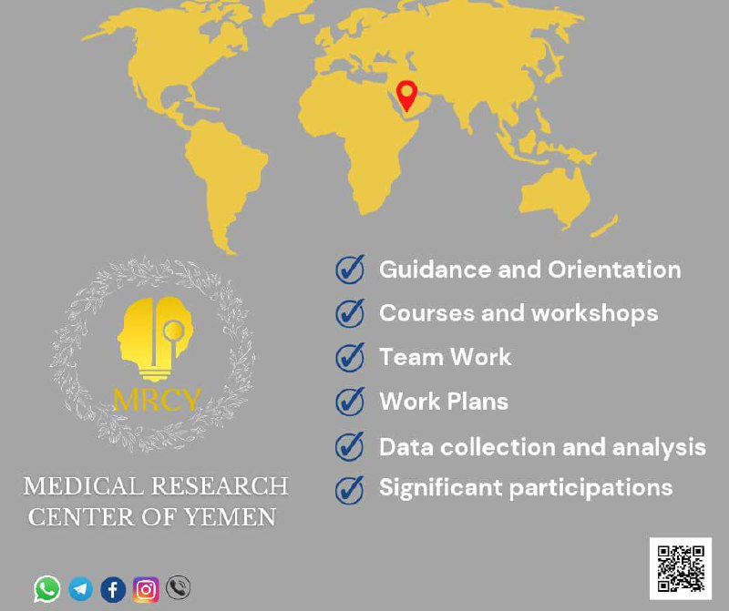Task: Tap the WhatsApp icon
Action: [x=47, y=589]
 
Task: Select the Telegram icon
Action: [x=80, y=589]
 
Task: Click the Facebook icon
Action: [x=113, y=590]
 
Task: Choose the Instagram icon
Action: [x=146, y=590]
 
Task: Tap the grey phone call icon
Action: [x=178, y=587]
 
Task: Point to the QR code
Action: [x=681, y=569]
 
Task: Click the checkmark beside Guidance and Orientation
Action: [x=350, y=269]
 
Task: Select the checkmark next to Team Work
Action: [x=350, y=357]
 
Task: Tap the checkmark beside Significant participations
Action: [x=350, y=489]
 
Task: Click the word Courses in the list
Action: [x=426, y=312]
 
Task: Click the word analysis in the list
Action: [x=659, y=447]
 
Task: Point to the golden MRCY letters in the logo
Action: [x=157, y=399]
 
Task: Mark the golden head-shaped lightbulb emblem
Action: [x=155, y=338]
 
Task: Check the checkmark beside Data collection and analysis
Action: [x=350, y=446]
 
